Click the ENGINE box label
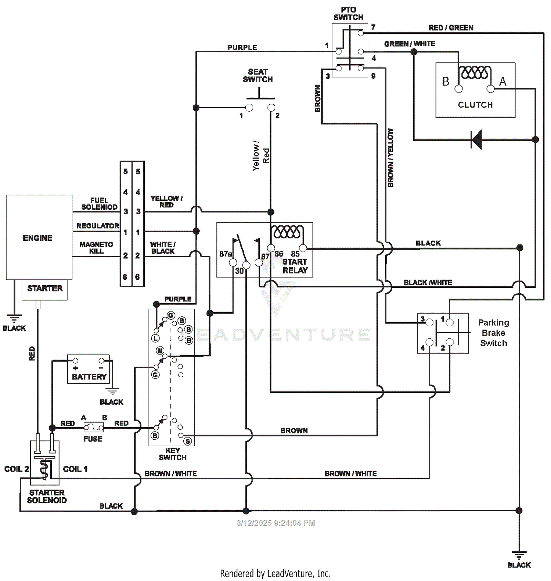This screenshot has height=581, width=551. (37, 238)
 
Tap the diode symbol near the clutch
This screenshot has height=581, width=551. (476, 139)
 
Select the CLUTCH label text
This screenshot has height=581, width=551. (475, 105)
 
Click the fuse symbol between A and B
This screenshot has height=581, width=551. (93, 427)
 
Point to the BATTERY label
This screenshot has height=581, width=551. (89, 377)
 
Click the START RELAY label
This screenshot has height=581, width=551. (295, 266)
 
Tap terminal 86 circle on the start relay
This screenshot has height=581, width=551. (271, 248)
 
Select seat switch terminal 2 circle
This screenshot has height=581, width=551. (271, 108)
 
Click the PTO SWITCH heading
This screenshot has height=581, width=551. (348, 14)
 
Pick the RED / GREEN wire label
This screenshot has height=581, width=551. (451, 28)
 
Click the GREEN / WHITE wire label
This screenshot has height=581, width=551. (410, 44)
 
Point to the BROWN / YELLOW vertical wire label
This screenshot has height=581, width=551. (390, 157)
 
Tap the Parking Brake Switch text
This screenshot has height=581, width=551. (494, 333)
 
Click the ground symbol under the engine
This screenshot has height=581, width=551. (14, 318)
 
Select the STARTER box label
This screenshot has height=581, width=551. (45, 288)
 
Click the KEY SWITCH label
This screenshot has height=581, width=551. (173, 454)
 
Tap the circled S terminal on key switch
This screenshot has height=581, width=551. (188, 441)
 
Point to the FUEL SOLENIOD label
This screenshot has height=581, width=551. (99, 204)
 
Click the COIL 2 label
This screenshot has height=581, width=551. (17, 469)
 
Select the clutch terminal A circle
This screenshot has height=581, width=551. (490, 89)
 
